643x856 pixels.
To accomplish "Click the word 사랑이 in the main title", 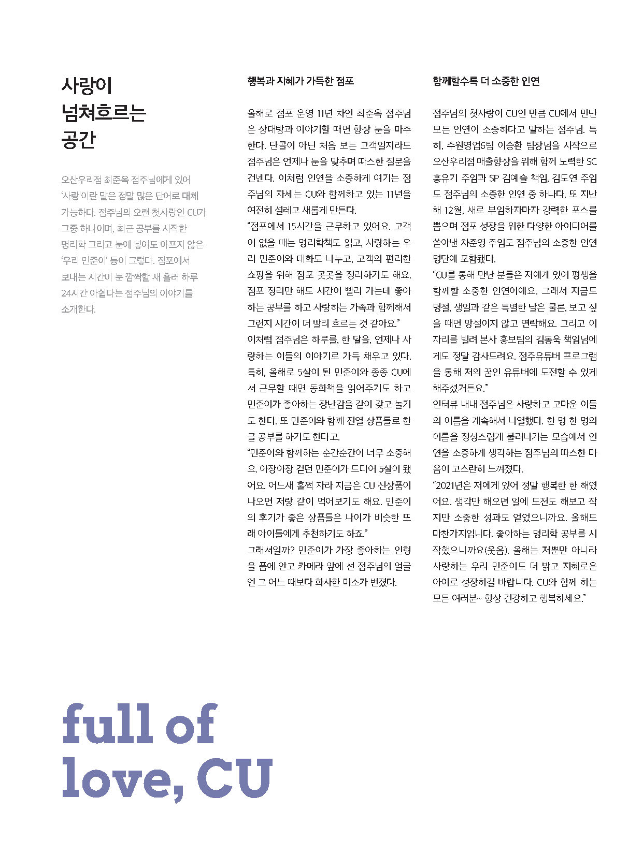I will pyautogui.click(x=87, y=85).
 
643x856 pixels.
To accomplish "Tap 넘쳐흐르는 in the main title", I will pyautogui.click(x=104, y=113).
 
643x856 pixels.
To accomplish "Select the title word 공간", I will pyautogui.click(x=78, y=140).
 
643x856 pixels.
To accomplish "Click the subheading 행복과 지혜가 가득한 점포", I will pyautogui.click(x=301, y=81).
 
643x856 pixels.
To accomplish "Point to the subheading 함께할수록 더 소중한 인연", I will pyautogui.click(x=486, y=81).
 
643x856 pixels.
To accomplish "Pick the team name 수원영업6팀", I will pyautogui.click(x=468, y=145).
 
